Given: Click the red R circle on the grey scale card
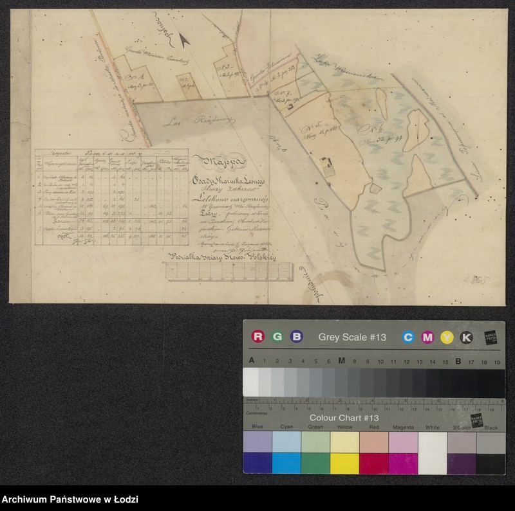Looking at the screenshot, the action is click(x=258, y=337).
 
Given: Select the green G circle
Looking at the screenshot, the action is click(x=277, y=337).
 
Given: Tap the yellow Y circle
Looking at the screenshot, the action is click(x=447, y=337).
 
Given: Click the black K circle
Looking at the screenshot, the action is click(x=466, y=337).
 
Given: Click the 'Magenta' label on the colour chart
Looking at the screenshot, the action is click(x=403, y=427).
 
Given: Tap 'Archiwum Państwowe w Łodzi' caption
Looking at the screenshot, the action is click(x=70, y=499).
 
